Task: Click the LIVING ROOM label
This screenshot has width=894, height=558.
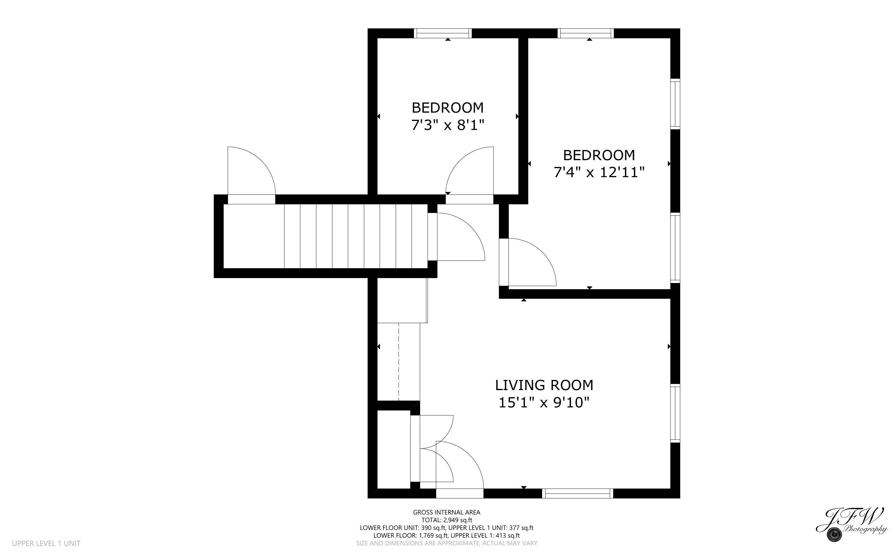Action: [x=544, y=385]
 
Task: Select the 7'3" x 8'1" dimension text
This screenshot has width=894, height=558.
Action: [x=447, y=126]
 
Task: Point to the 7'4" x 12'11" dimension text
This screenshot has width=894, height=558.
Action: [x=599, y=172]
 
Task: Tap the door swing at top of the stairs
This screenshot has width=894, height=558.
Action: [x=460, y=238]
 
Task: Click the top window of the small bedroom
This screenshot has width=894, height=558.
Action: [x=442, y=33]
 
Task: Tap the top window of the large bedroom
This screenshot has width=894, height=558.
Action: [x=586, y=33]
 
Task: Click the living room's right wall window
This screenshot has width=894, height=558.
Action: [x=675, y=413]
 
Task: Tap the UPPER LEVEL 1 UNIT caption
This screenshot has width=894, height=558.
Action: [x=46, y=543]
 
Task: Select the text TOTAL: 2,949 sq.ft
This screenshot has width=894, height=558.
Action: [x=446, y=520]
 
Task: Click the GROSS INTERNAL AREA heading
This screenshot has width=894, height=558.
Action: [x=446, y=512]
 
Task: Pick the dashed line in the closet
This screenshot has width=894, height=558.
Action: [x=399, y=362]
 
